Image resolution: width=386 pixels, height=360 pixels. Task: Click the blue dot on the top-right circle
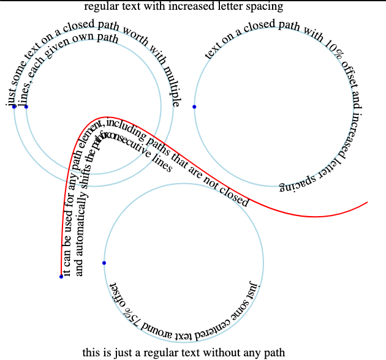tap(194, 107)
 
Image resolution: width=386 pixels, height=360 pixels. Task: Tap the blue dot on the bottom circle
tap(104, 263)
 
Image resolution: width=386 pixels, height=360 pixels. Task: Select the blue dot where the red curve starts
tap(61, 277)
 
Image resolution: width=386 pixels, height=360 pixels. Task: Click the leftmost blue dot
tap(14, 107)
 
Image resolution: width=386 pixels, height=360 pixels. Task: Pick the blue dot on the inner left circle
tap(26, 107)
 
